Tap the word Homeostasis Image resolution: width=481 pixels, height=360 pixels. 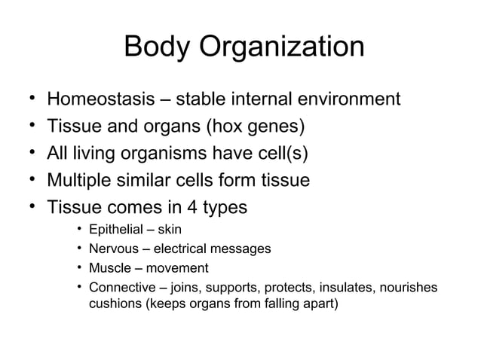coord(104,99)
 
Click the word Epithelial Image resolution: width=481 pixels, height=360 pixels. coord(115,230)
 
